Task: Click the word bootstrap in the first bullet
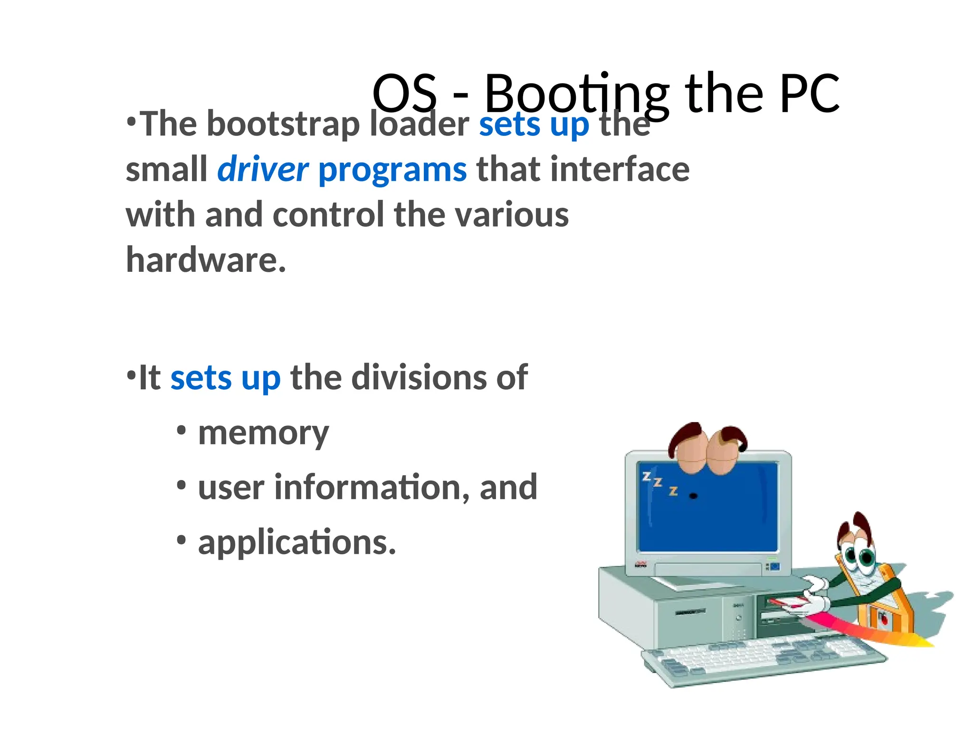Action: pos(283,125)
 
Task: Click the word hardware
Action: pos(206,260)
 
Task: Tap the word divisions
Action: pos(418,378)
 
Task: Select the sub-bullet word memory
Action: pos(263,433)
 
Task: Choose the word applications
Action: pos(297,543)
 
